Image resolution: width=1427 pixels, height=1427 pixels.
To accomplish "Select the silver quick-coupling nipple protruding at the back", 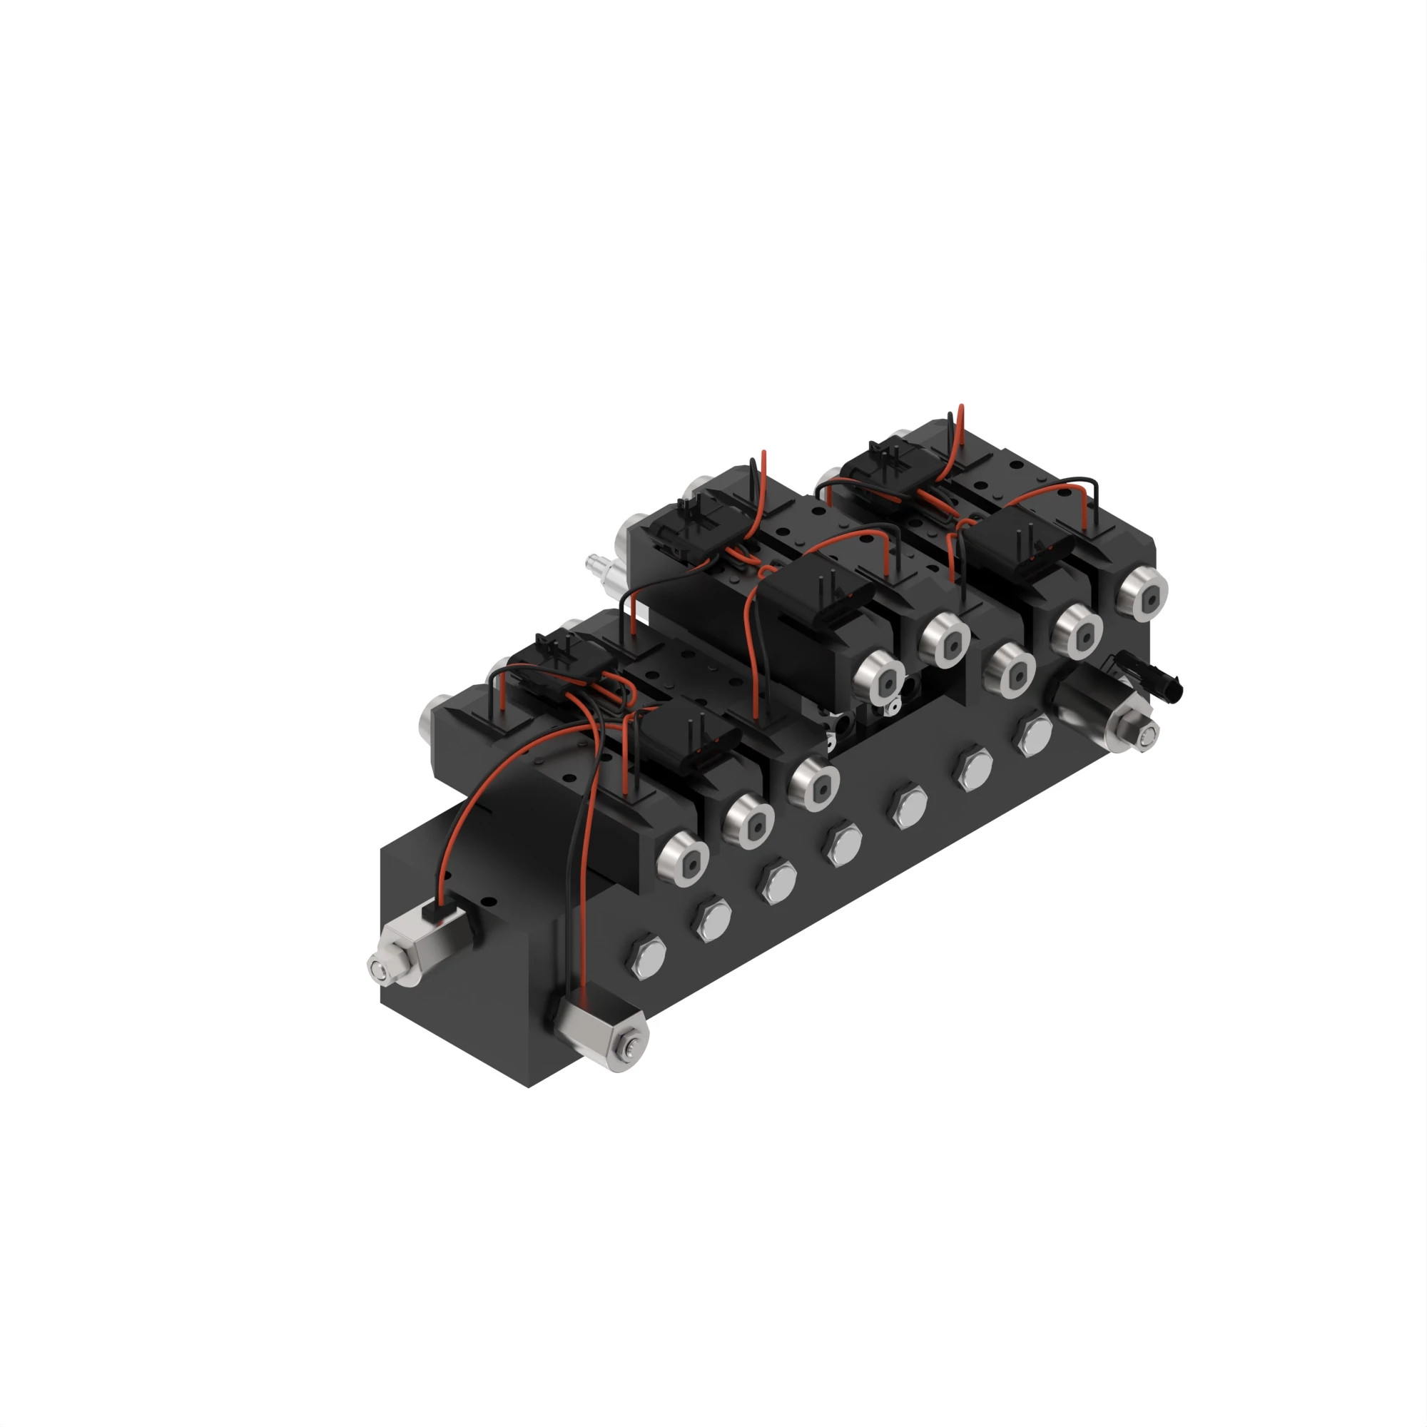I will [594, 565].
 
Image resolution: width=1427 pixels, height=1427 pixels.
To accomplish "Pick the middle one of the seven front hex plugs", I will [843, 843].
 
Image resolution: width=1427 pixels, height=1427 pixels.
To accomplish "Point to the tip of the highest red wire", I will [960, 406].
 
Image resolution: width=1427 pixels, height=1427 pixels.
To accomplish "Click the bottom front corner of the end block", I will [529, 1087].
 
